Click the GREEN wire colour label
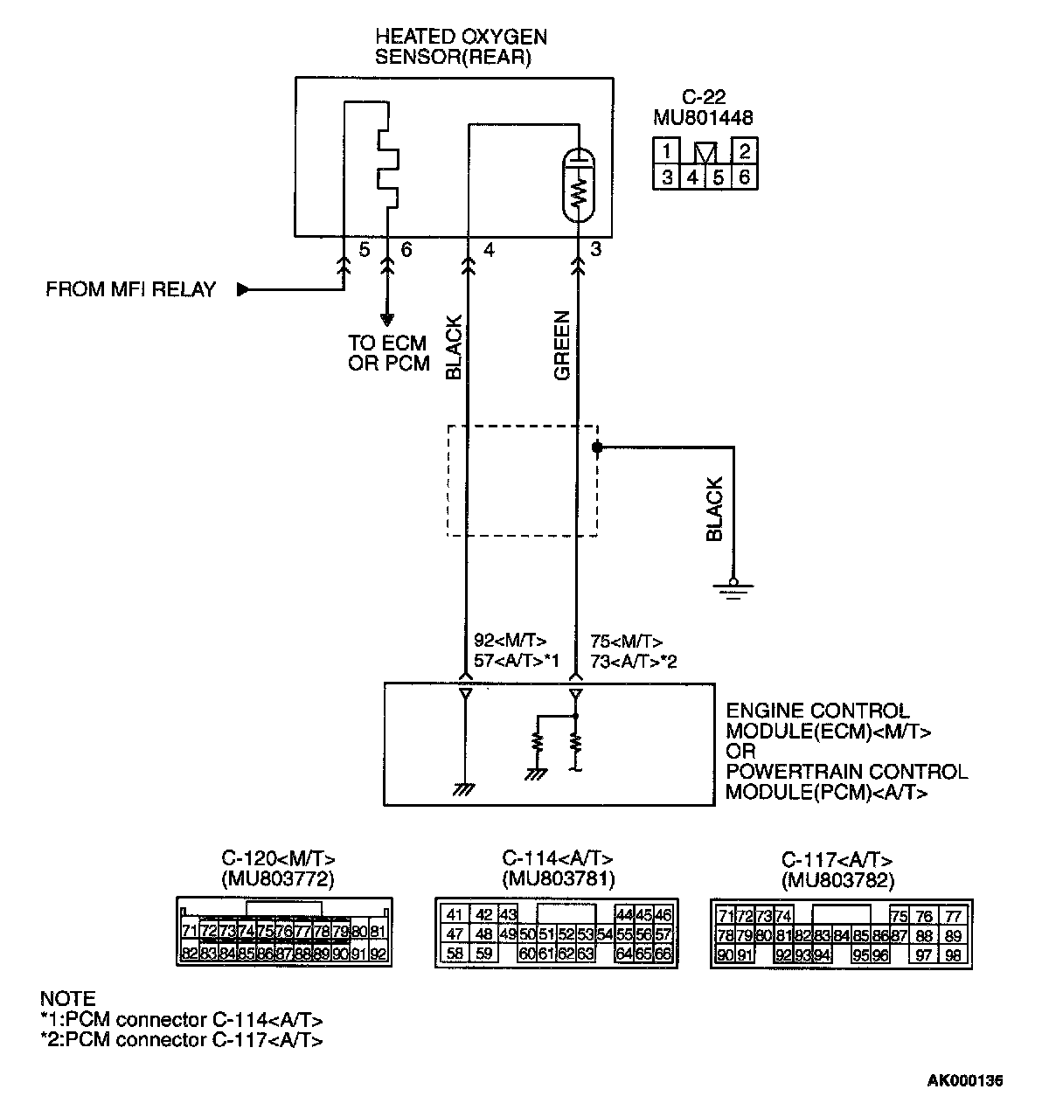(x=562, y=346)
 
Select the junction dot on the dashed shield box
(x=598, y=447)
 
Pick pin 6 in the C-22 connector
(x=744, y=177)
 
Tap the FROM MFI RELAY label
(x=130, y=290)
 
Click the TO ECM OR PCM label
(x=389, y=353)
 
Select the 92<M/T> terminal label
(x=510, y=642)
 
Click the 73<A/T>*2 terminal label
(x=633, y=662)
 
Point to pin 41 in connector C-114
(x=455, y=915)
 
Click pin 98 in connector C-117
(x=953, y=955)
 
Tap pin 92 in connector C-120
(x=378, y=954)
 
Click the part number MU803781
(x=558, y=878)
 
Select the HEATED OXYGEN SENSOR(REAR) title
(x=461, y=47)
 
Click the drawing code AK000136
(x=965, y=1081)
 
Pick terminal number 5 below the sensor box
(x=364, y=251)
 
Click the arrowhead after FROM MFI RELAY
(x=243, y=290)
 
